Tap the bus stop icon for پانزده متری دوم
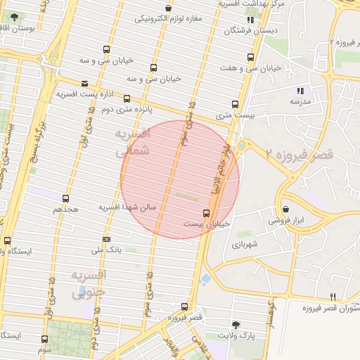[127, 99]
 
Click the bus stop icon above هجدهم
[65, 199]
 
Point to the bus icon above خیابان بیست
[206, 212]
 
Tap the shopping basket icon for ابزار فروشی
[286, 209]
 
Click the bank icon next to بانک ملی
[106, 239]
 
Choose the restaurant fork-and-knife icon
[333, 297]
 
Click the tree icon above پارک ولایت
[236, 325]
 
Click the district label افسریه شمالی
[131, 141]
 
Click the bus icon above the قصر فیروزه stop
[184, 307]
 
